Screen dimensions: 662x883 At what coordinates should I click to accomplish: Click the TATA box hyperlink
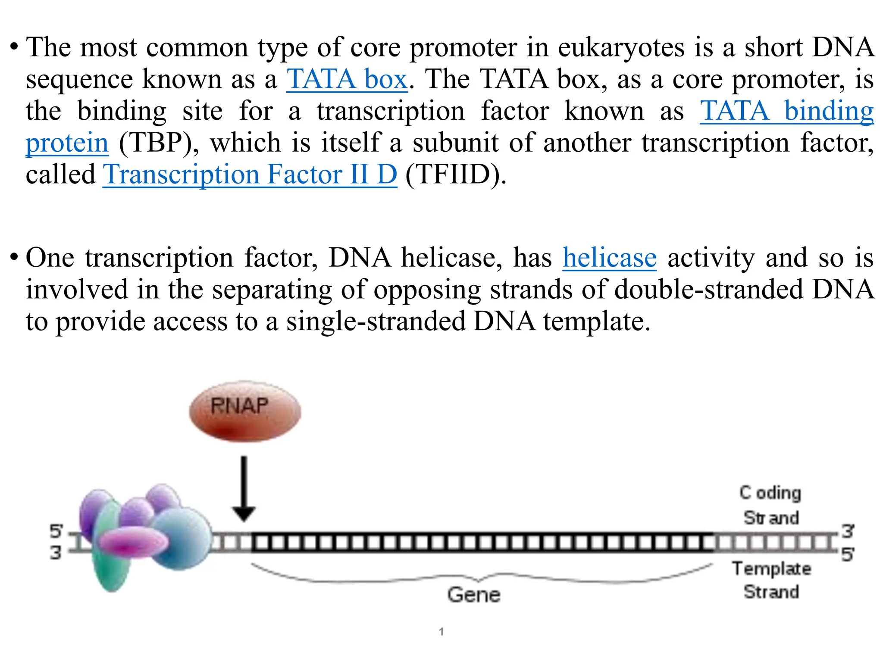(x=347, y=79)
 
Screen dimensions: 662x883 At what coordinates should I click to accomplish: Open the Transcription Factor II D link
(x=250, y=175)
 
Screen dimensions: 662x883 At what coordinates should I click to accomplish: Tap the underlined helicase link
(x=609, y=258)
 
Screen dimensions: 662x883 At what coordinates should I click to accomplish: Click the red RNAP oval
(x=244, y=412)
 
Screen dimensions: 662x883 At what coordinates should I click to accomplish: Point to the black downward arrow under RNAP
(x=244, y=489)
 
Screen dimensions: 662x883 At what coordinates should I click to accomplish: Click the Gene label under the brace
(x=473, y=595)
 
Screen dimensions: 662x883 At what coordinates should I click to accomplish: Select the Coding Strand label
(x=770, y=505)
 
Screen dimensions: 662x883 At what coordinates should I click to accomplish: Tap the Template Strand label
(x=771, y=580)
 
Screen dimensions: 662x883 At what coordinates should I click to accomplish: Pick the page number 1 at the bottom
(x=441, y=632)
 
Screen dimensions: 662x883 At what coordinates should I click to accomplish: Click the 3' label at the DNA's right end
(x=847, y=531)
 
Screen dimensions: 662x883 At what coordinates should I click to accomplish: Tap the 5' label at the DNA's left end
(x=56, y=531)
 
